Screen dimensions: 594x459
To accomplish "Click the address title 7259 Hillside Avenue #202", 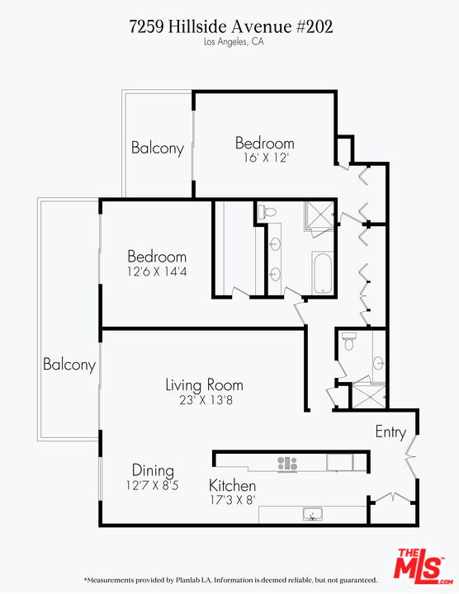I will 230,26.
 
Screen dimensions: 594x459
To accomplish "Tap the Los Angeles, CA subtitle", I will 230,42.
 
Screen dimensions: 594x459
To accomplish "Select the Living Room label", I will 204,384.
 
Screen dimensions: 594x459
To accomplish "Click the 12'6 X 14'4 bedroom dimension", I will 156,271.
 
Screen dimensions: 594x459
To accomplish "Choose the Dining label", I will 153,470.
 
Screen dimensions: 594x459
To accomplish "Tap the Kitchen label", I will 232,486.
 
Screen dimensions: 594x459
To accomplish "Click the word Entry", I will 390,431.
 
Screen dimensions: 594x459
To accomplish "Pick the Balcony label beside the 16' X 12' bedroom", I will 157,148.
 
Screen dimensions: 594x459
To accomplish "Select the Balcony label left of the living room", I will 69,364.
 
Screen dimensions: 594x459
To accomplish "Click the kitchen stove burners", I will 287,464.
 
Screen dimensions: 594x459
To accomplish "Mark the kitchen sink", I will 312,516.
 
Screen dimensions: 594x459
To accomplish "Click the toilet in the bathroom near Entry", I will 348,342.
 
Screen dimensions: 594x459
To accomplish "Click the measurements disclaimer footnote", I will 230,580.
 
